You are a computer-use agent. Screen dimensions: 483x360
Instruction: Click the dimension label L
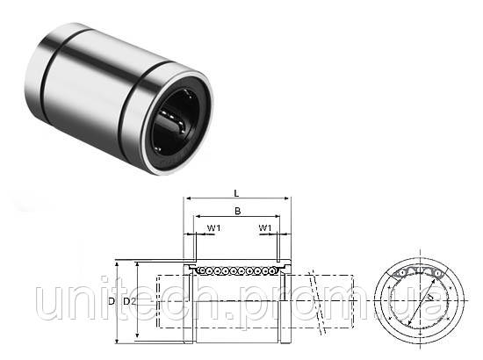[x=236, y=193]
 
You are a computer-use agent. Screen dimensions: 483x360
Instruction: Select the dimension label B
[x=237, y=212]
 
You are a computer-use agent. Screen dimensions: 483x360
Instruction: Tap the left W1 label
[x=213, y=228]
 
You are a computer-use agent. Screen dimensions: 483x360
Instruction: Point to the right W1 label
[x=265, y=228]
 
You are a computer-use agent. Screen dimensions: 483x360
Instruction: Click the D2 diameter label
[x=129, y=301]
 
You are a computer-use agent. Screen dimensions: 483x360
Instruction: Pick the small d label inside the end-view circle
[x=430, y=297]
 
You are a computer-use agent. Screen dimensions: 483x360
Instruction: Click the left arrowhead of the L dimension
[x=186, y=199]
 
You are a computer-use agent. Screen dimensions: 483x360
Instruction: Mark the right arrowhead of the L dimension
[x=288, y=199]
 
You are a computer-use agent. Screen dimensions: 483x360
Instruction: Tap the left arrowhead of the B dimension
[x=196, y=216]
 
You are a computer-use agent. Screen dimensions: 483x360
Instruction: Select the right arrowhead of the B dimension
[x=278, y=216]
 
